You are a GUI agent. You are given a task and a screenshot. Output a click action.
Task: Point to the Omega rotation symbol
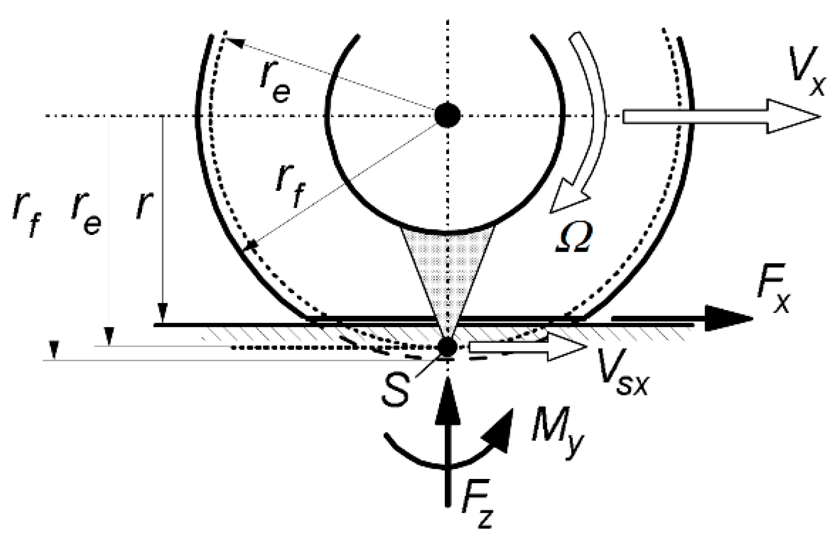point(573,238)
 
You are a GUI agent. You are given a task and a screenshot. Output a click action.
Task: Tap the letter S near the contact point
point(397,390)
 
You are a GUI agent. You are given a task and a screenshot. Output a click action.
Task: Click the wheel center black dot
point(447,116)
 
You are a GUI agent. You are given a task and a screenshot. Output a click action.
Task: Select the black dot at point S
point(447,347)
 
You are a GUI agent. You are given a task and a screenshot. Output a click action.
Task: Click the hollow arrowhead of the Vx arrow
point(794,116)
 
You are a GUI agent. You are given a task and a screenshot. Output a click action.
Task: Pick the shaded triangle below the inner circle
point(447,268)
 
